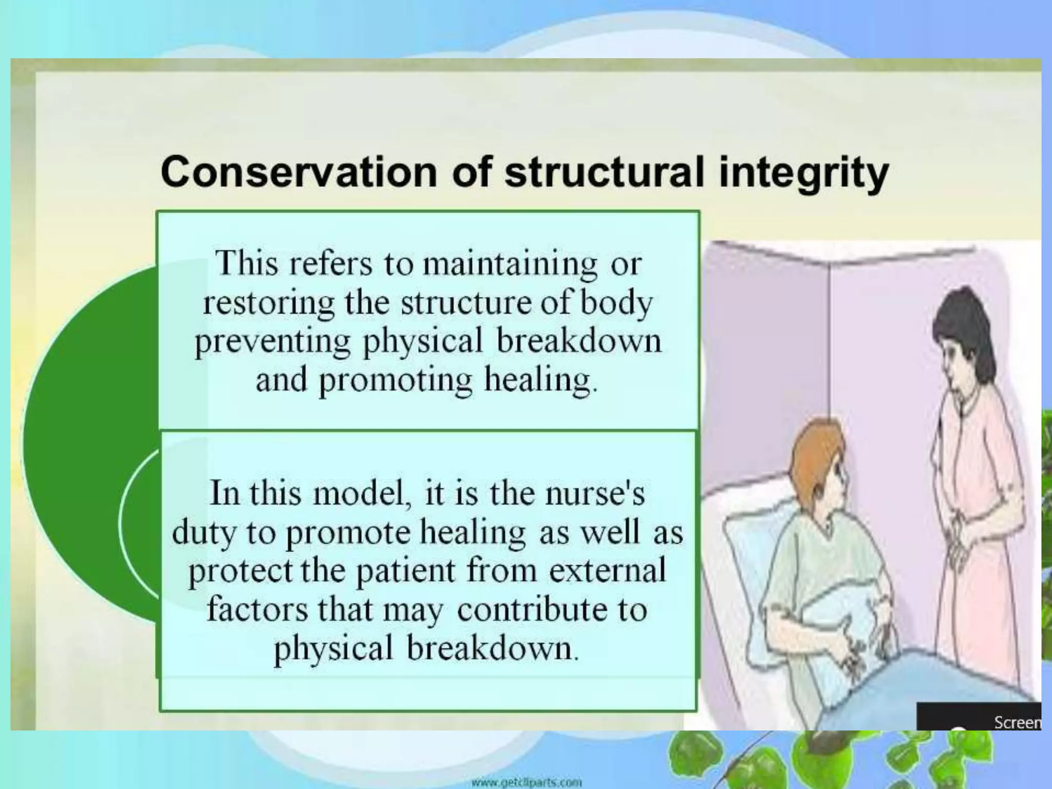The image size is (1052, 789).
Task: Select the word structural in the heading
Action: [604, 172]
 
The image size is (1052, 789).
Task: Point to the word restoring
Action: [268, 303]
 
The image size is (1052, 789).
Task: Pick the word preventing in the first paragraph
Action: [272, 342]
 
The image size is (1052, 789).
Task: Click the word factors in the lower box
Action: [257, 610]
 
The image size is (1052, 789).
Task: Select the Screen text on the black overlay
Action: [1017, 723]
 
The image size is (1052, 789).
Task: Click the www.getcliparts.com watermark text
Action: [527, 783]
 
